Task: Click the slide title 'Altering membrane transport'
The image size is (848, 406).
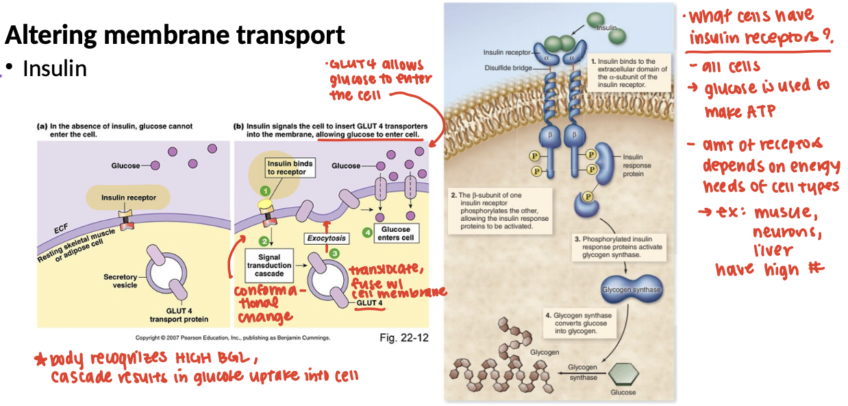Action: coord(175,34)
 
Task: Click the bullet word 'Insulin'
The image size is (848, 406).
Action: coord(55,69)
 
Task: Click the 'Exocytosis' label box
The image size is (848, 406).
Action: coord(326,239)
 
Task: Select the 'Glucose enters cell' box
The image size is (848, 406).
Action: coord(396,233)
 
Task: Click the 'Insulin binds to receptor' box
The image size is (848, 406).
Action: coord(290,168)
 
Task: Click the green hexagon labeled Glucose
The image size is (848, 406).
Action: coord(623,373)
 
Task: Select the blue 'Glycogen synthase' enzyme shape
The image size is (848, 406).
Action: coord(631,289)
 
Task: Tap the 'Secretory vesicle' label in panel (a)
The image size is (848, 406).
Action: coord(121,281)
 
